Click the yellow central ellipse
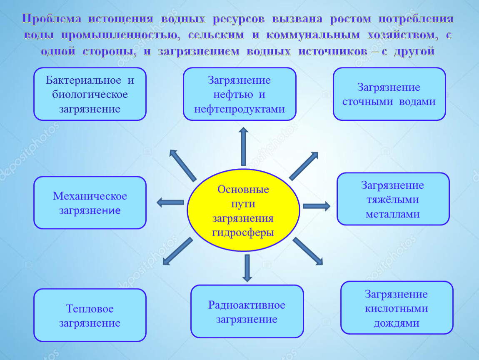[x=243, y=210]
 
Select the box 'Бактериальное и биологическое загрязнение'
[x=90, y=94]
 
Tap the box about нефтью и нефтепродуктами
[x=239, y=94]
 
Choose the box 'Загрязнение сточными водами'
[x=389, y=94]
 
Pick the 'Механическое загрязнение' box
[x=90, y=202]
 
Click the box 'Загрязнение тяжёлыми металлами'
[x=393, y=199]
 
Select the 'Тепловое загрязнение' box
[x=90, y=315]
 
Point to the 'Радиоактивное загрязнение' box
[x=247, y=311]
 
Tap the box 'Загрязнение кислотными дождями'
[x=397, y=308]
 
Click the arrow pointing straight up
[x=243, y=147]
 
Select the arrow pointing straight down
[x=247, y=268]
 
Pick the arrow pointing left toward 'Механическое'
[x=170, y=202]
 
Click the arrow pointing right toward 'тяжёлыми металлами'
[x=317, y=206]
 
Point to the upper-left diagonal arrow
[x=183, y=165]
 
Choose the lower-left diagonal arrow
[x=178, y=251]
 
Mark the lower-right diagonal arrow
[x=308, y=251]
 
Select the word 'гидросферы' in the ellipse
[x=243, y=233]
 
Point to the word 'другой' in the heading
[x=414, y=51]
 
